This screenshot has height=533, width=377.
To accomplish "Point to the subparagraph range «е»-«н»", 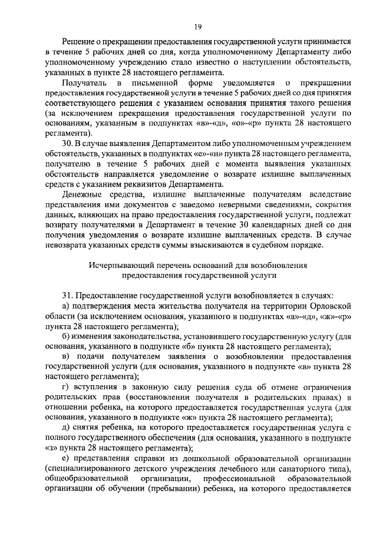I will point(201,154).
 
